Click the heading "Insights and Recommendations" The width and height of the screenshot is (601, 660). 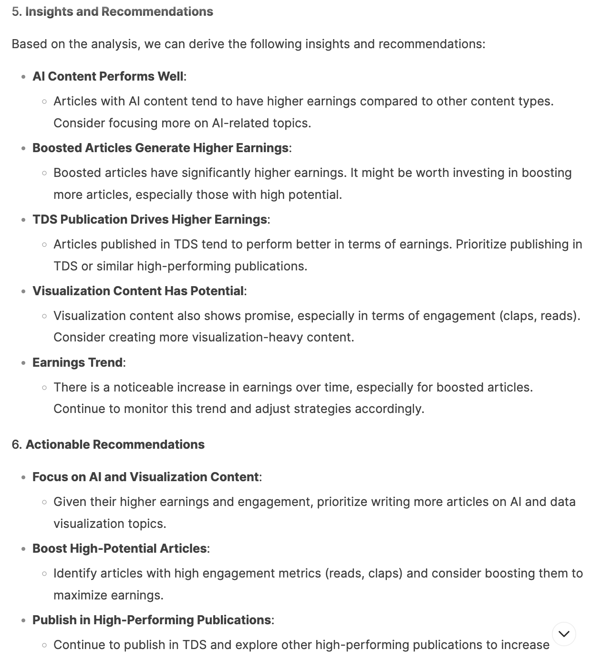119,11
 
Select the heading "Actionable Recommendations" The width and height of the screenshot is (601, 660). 115,444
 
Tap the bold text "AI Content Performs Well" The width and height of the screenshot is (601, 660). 108,76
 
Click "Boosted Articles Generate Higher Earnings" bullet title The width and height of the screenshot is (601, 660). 160,148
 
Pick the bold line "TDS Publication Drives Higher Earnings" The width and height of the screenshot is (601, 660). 149,219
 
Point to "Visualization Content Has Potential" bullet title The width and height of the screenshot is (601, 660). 138,291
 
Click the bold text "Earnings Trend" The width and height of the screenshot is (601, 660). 77,362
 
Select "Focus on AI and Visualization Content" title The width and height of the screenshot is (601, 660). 145,477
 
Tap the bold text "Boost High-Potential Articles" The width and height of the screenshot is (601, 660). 119,548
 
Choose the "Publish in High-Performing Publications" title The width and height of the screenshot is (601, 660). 151,620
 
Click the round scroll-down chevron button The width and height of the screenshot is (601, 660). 564,634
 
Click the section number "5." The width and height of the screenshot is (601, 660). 17,11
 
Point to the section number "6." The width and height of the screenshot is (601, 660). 17,444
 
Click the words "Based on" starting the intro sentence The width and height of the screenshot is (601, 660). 34,44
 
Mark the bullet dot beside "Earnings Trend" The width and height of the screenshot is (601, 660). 23,363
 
